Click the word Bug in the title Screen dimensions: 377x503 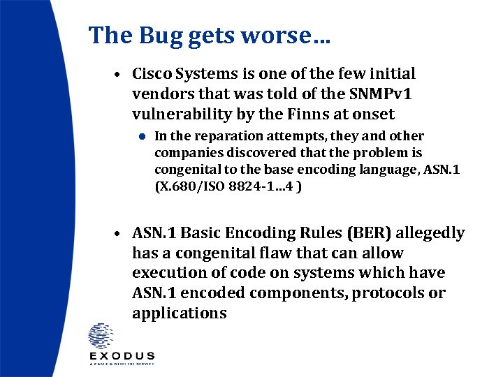tap(154, 36)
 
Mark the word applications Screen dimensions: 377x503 tap(179, 313)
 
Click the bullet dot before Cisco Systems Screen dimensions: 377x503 tap(120, 75)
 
